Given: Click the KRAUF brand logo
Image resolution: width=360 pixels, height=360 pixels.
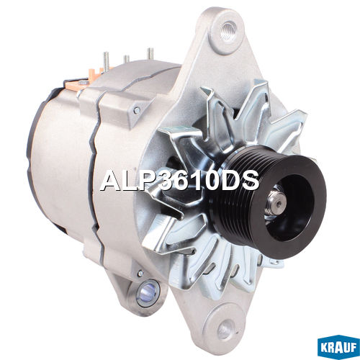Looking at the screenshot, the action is tap(338, 348).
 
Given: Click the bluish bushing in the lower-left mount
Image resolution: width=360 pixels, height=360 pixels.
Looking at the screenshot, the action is tap(147, 292).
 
